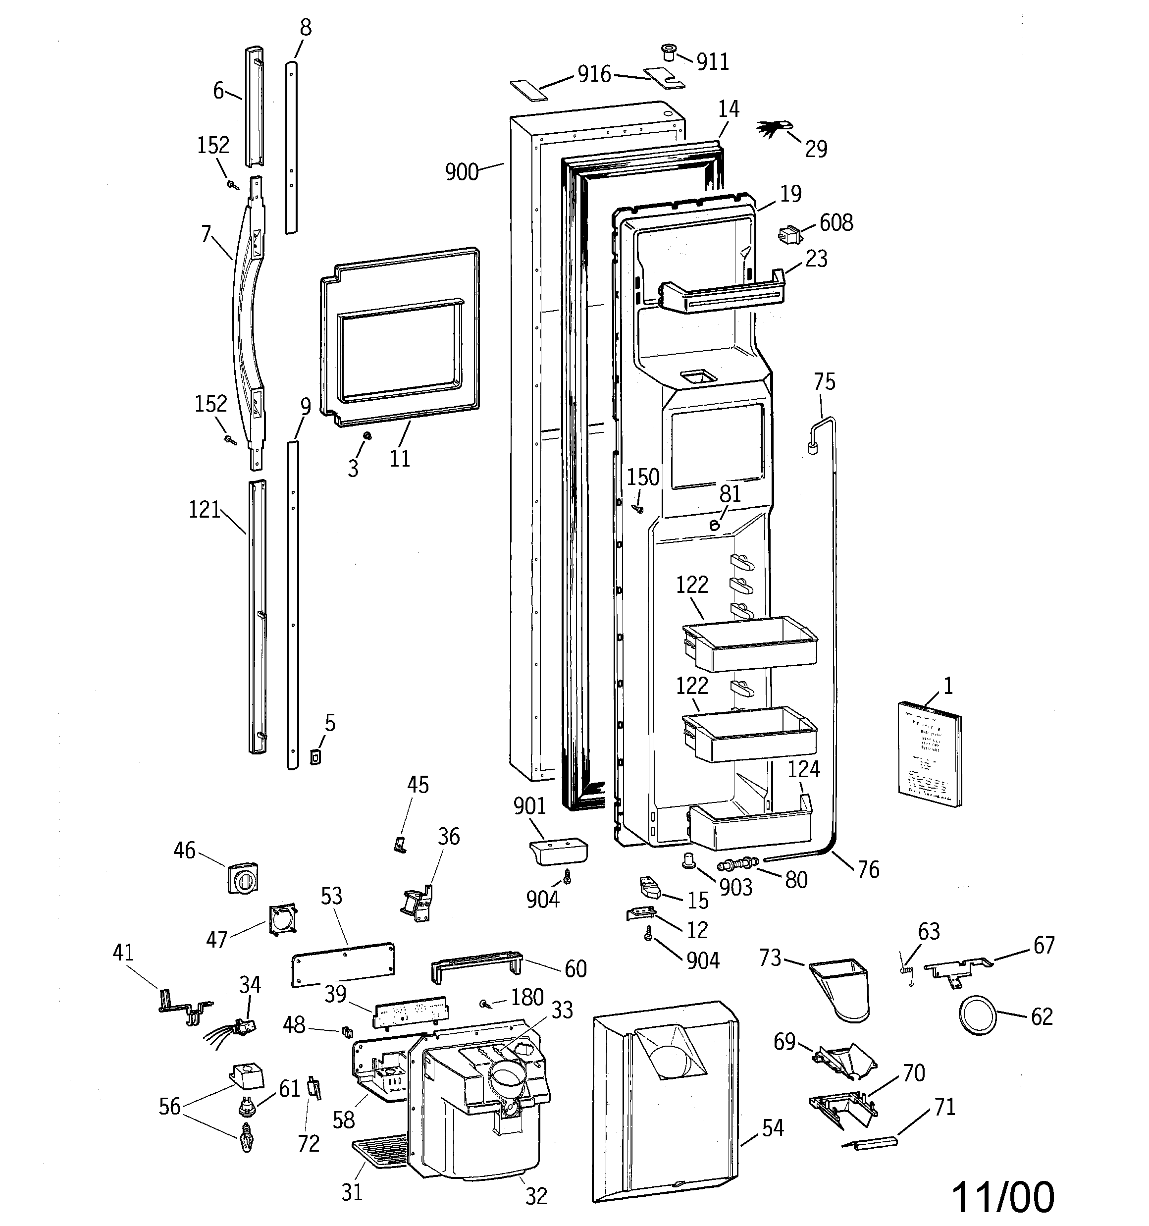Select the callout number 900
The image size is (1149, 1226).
[462, 172]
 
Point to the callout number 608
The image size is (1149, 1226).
[836, 222]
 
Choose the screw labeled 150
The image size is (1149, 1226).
[637, 509]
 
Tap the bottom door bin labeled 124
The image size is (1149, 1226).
[750, 826]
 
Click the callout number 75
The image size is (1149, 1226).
[825, 382]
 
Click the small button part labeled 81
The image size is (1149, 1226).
[715, 525]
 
